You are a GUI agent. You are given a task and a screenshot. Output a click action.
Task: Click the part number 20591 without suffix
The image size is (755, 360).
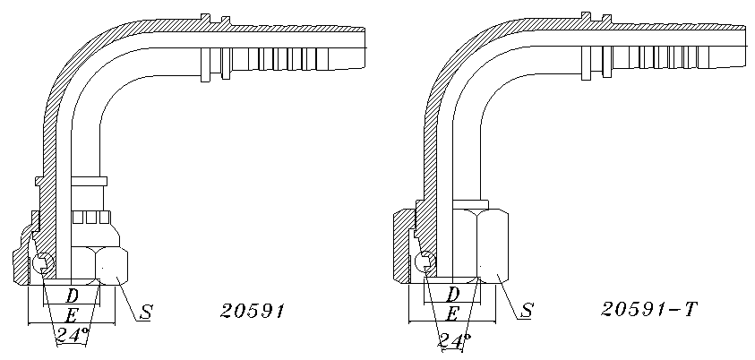click(x=253, y=311)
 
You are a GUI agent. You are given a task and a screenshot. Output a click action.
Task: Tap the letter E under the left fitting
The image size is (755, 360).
click(x=72, y=316)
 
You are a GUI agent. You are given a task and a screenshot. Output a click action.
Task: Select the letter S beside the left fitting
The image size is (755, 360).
click(x=145, y=313)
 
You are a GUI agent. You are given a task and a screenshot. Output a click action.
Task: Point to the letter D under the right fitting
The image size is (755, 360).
click(x=452, y=293)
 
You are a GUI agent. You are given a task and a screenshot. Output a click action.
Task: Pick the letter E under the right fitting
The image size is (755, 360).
click(x=452, y=314)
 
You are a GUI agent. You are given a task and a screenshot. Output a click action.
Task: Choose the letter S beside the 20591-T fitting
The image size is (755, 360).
click(x=527, y=311)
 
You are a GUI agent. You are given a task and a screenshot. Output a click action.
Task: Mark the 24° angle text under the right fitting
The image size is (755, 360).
click(x=453, y=341)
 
